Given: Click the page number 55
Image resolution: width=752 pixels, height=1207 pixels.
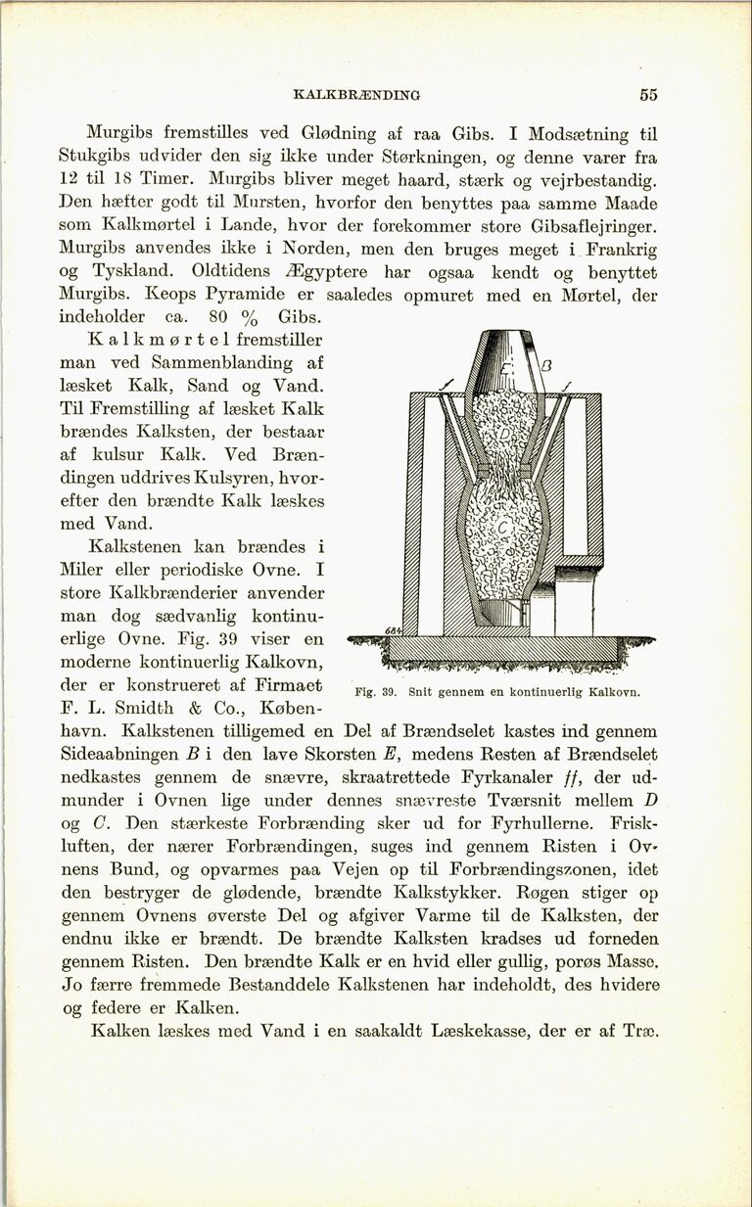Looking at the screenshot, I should tap(647, 95).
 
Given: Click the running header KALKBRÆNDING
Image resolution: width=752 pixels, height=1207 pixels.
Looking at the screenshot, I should tap(356, 96).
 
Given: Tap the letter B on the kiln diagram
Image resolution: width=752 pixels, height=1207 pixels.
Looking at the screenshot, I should tap(548, 367).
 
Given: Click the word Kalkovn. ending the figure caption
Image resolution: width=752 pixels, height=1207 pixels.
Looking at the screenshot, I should tap(613, 692).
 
